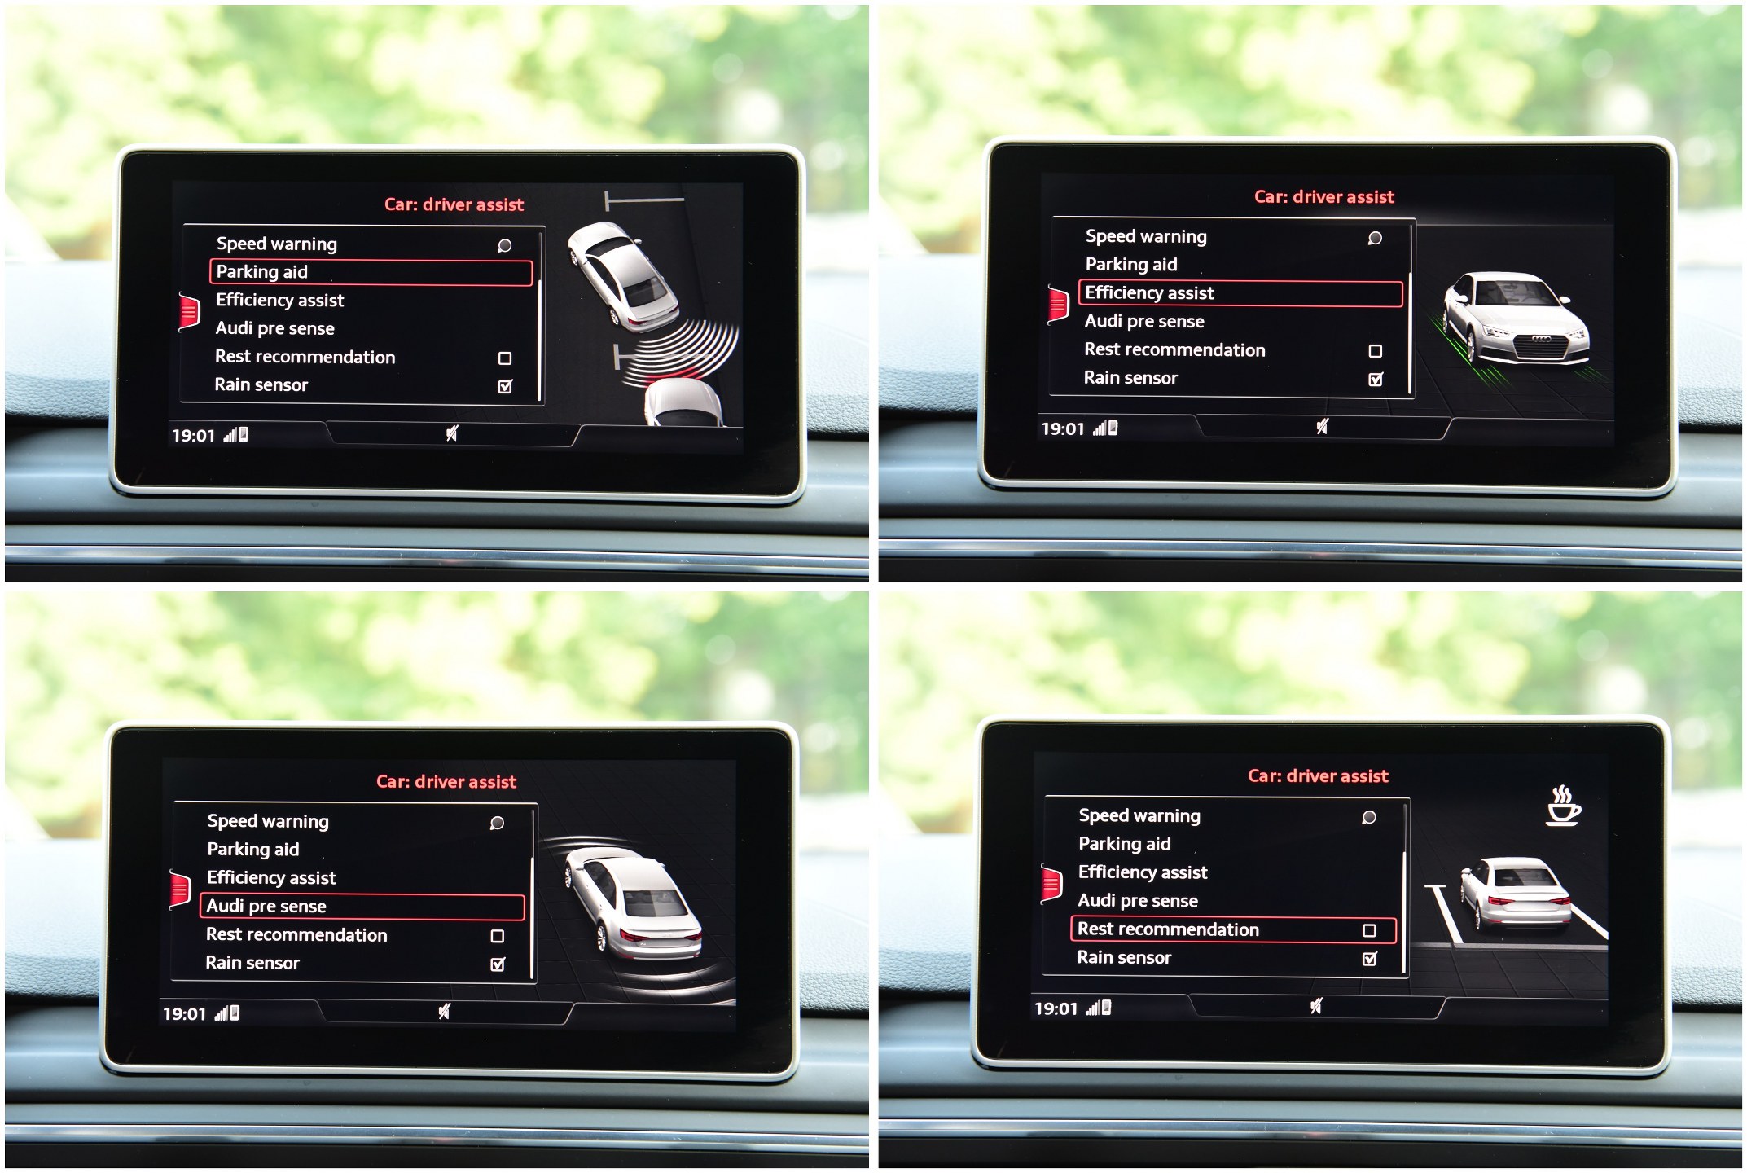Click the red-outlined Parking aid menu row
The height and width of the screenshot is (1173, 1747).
click(371, 272)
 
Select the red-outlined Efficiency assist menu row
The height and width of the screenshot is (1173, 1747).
click(1240, 293)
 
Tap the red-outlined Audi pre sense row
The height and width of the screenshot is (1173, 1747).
click(362, 907)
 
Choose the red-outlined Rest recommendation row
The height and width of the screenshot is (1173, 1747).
click(1232, 929)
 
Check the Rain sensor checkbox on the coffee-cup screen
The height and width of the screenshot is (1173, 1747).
click(1370, 959)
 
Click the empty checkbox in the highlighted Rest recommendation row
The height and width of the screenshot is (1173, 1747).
click(1370, 930)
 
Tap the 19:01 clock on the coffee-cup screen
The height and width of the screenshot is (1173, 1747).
click(1056, 1009)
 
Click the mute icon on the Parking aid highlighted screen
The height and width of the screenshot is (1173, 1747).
click(452, 433)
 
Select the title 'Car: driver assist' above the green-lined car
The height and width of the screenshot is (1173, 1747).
click(1323, 197)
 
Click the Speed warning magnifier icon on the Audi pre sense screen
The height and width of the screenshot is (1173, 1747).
click(497, 823)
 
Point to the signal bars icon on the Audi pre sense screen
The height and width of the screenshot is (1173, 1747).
click(221, 1013)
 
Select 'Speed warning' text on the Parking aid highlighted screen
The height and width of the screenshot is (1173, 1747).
click(277, 244)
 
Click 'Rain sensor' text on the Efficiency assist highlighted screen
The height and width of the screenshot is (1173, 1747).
click(1130, 378)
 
